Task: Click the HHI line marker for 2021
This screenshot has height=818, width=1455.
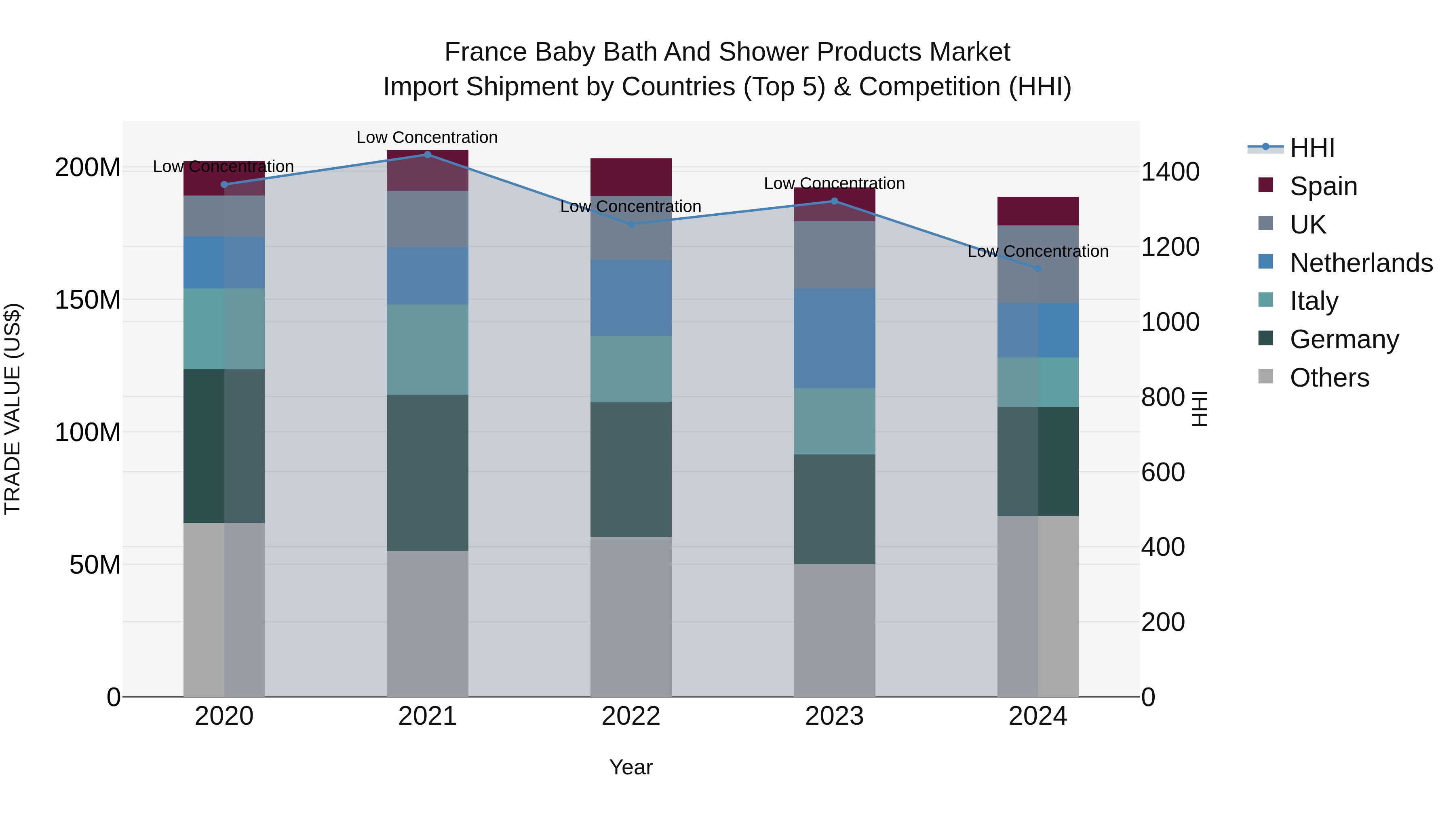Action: click(427, 154)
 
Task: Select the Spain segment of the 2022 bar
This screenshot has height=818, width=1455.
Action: click(631, 177)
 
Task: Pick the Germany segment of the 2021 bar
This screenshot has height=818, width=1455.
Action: click(427, 473)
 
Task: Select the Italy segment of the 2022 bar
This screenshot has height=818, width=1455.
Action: click(631, 369)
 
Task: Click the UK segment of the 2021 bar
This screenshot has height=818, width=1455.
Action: click(427, 219)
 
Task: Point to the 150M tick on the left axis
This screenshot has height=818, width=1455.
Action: click(88, 299)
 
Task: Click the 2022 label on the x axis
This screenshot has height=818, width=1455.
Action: click(631, 716)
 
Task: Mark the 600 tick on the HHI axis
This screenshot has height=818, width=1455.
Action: click(1162, 472)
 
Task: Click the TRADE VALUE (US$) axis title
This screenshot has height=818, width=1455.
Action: click(13, 409)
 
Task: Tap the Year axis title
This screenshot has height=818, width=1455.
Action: click(631, 767)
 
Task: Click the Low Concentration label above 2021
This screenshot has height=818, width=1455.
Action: click(427, 137)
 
